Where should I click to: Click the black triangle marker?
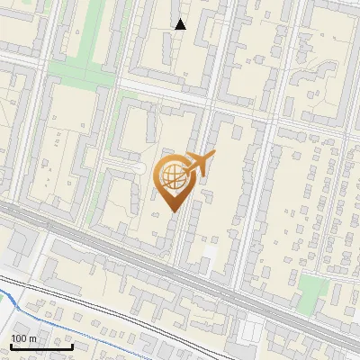pos(180,24)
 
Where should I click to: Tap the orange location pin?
pos(175,182)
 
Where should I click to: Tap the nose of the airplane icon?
pos(212,155)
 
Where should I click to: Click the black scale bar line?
pos(41,346)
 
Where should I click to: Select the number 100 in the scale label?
pos(19,338)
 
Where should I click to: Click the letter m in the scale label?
pos(32,338)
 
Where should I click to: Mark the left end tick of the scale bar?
pos(10,345)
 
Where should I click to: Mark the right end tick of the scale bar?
pos(73,345)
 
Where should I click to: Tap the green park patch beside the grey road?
pos(312,289)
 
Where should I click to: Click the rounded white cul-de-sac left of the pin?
pos(138,168)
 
